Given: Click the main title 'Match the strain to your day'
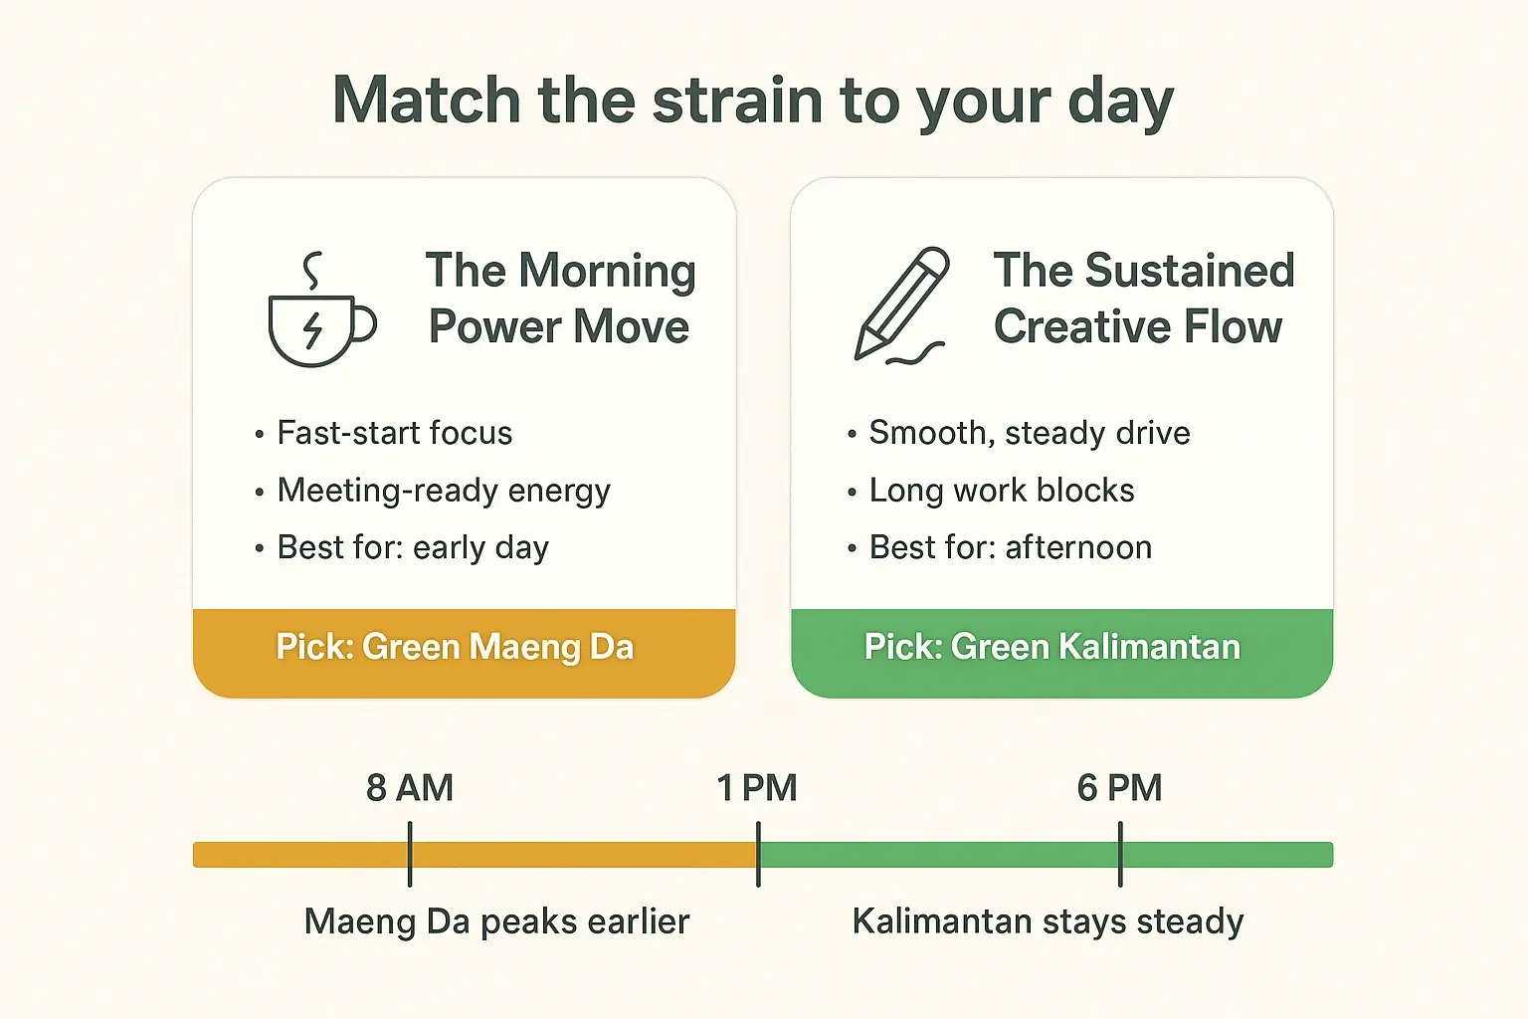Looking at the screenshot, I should [x=753, y=102].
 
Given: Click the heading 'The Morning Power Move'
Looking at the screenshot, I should [x=560, y=299].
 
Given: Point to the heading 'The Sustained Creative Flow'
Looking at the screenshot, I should [x=1143, y=299].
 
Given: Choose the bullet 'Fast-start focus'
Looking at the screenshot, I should [x=394, y=433].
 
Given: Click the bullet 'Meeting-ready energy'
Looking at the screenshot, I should [x=443, y=491].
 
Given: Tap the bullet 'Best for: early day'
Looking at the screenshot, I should [x=412, y=547].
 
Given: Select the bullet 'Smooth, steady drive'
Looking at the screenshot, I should [x=1029, y=433].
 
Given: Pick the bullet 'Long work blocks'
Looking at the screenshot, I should [x=1001, y=491].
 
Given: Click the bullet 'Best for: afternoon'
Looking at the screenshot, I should [x=1010, y=547].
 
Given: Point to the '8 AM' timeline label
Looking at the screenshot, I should [x=410, y=788].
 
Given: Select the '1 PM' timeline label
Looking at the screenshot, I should [x=757, y=788].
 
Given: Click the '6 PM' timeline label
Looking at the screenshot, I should [x=1119, y=788].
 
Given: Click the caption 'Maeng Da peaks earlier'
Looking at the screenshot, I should [x=496, y=921].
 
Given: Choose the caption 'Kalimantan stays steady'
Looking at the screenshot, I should [x=1048, y=921].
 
